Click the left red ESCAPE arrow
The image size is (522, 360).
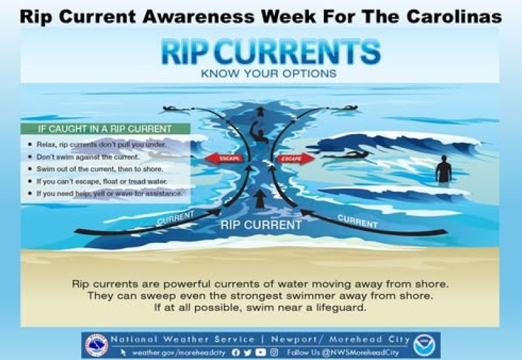pos(224,158)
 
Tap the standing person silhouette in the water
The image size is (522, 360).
pos(444,169)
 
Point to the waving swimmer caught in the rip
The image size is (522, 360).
pos(258,132)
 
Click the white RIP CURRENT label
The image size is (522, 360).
pos(261,225)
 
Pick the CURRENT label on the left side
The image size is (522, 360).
pos(175,217)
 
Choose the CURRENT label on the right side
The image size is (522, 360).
pos(358,221)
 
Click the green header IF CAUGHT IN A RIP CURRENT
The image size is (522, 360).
pos(105,129)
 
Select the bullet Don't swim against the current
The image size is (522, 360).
pos(88,157)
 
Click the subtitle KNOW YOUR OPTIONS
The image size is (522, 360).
pos(269,73)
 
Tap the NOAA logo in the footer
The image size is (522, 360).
pos(424,346)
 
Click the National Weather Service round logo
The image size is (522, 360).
pos(97,346)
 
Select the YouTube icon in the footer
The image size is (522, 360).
pos(260,352)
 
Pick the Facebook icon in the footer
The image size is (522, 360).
pos(235,352)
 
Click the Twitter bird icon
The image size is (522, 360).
pos(248,352)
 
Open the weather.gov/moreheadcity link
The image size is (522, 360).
pos(179,352)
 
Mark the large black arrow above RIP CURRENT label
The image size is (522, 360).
pos(259,198)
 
